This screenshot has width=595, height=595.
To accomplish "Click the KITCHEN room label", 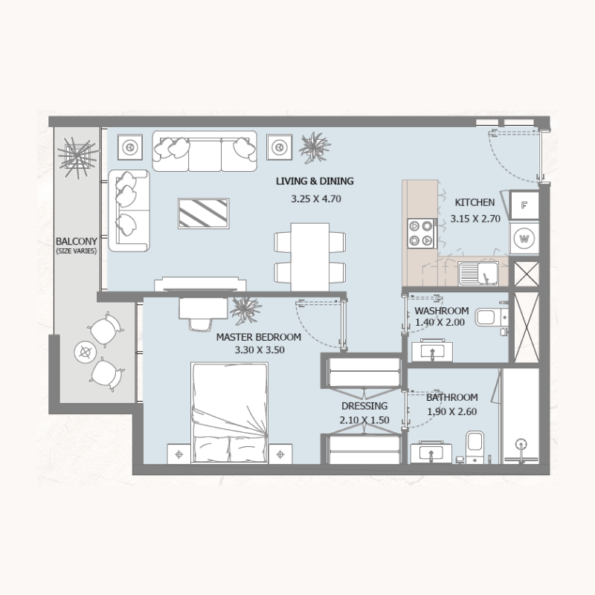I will tap(475, 202).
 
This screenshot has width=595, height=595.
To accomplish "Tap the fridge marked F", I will tap(524, 206).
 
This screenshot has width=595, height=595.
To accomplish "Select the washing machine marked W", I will tap(524, 239).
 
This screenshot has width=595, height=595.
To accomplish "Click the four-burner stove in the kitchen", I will tap(420, 233).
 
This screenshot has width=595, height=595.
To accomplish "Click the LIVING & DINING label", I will tap(315, 181).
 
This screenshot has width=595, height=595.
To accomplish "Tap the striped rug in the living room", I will tap(203, 213).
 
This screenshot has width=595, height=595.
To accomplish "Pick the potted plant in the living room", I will tap(315, 146).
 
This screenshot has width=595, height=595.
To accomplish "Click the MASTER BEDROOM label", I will tap(258, 337).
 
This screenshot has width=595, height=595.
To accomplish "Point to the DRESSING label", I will tap(364, 406).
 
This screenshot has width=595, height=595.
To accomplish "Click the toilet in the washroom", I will tap(489, 318).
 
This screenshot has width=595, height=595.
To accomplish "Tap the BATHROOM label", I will tap(451, 397).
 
